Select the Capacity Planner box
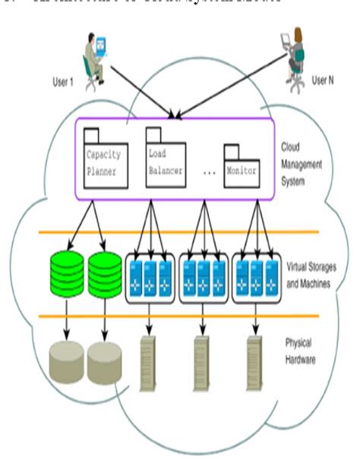[104, 162]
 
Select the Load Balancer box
[165, 162]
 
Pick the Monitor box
[241, 169]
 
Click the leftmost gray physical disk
[66, 361]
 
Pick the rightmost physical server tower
[255, 363]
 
